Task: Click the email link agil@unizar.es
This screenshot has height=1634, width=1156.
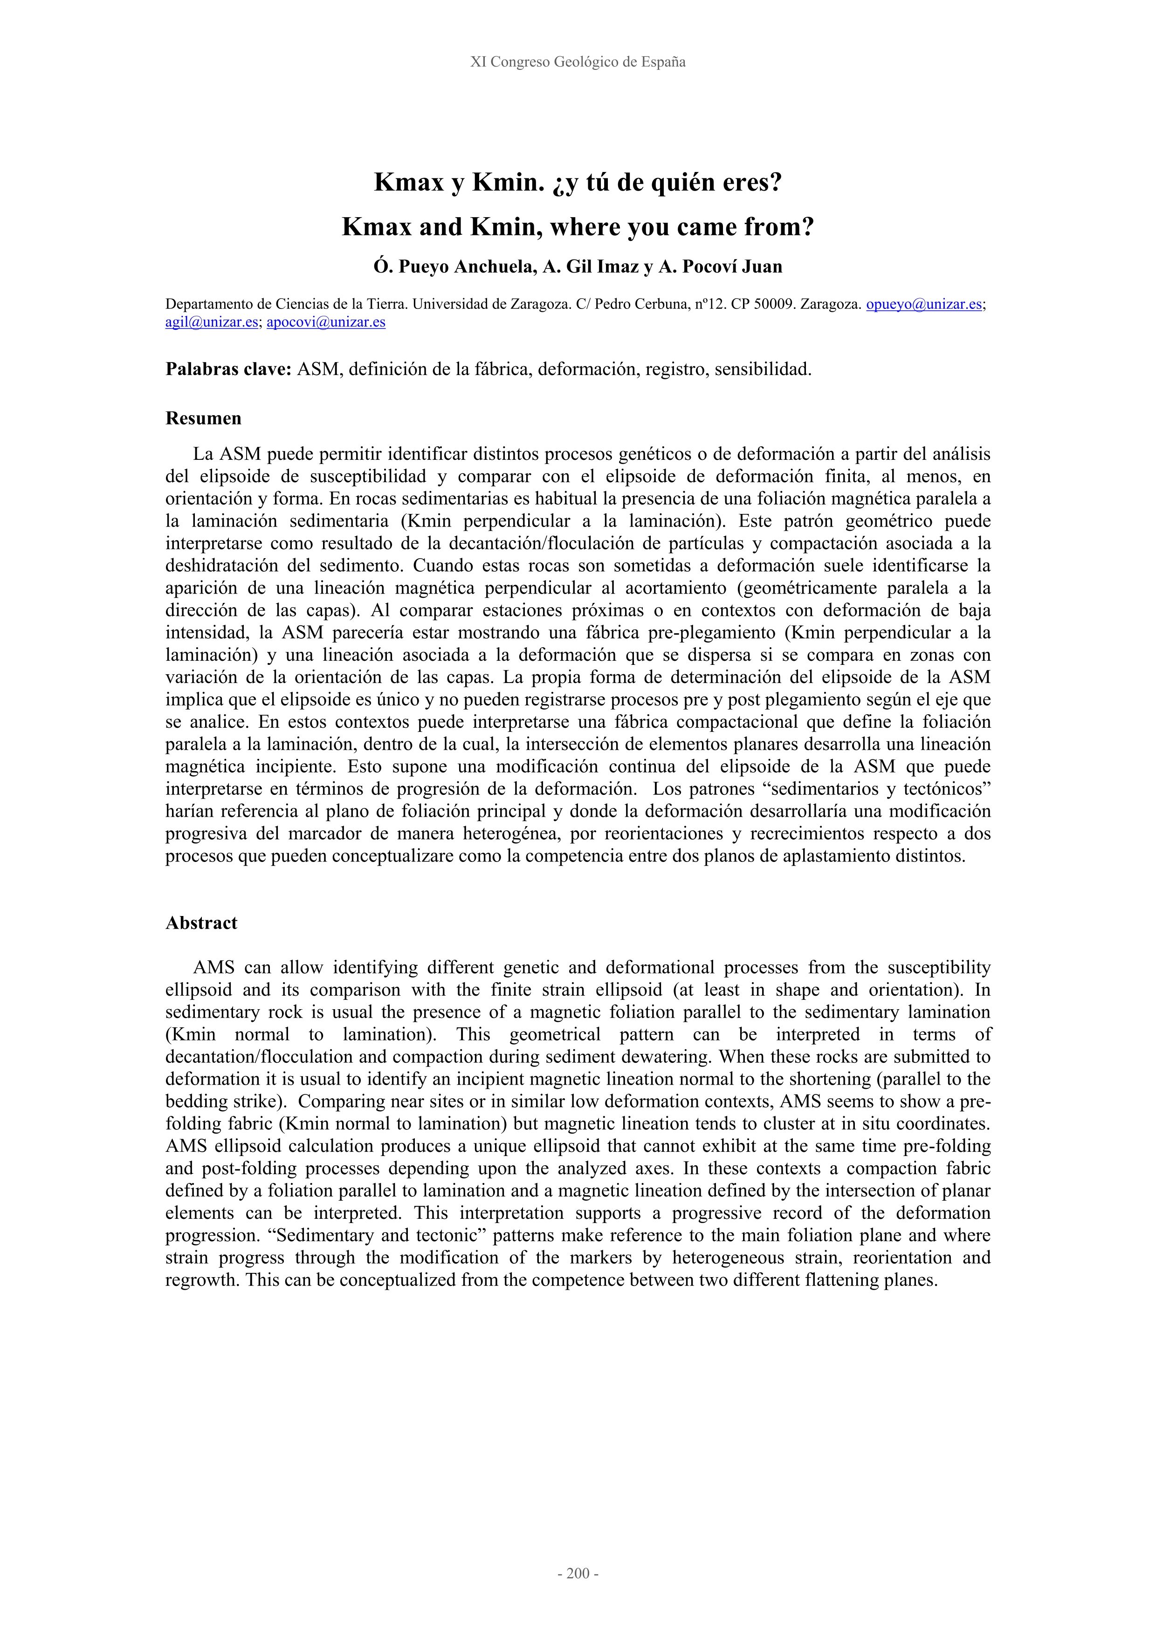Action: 212,322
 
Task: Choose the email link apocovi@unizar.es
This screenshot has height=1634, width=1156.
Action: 326,322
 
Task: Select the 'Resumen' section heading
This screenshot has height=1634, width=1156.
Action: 204,418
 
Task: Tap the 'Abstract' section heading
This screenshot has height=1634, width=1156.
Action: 201,923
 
